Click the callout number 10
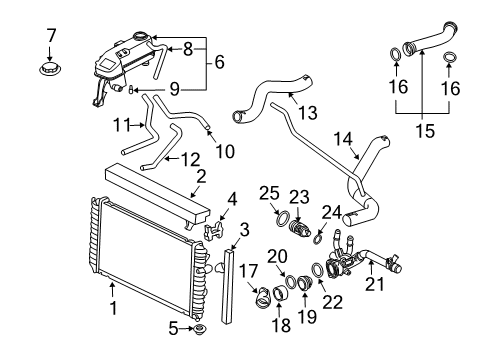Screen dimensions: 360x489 [222, 151]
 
